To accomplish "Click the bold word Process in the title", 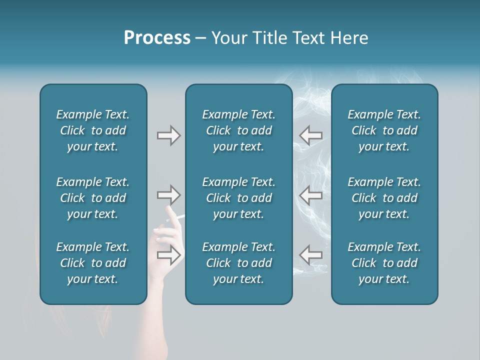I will coord(157,38).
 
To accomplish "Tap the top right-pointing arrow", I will coord(168,135).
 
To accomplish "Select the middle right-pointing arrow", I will coord(168,194).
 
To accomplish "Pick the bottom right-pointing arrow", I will coord(168,255).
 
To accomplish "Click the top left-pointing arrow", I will coord(311,135).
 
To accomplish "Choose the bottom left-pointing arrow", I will coord(311,254).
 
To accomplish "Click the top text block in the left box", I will coord(93,130).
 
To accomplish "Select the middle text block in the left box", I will coord(93,198).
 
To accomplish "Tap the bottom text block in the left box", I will coord(93,263).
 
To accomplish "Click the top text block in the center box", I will coord(238,130).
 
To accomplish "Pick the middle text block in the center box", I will coord(238,198).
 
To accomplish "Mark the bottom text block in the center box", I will coord(238,263).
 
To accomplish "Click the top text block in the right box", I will coord(384,130).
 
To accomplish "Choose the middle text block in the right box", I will coord(384,198).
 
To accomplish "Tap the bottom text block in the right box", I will coord(384,263).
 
